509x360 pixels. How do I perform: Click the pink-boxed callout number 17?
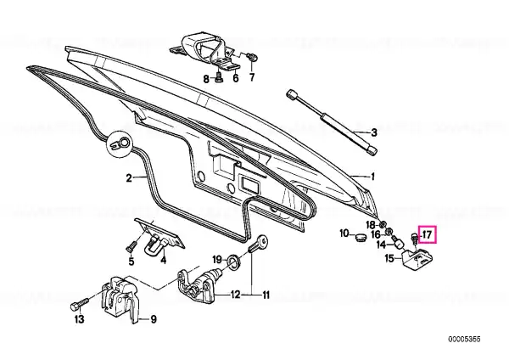tap(428, 234)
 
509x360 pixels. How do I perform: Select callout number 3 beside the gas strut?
tap(374, 132)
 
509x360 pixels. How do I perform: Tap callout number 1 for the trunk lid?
tap(373, 177)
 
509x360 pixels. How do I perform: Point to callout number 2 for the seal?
tap(129, 178)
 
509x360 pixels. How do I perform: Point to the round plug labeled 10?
tap(359, 237)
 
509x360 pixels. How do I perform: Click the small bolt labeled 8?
tap(220, 78)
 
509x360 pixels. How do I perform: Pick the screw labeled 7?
tap(252, 58)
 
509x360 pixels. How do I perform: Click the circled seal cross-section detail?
tap(120, 143)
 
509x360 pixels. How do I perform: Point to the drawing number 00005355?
tap(464, 340)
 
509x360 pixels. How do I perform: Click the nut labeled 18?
tap(383, 224)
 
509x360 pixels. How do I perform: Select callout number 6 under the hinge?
tap(235, 78)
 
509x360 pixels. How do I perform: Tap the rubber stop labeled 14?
tap(397, 242)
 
